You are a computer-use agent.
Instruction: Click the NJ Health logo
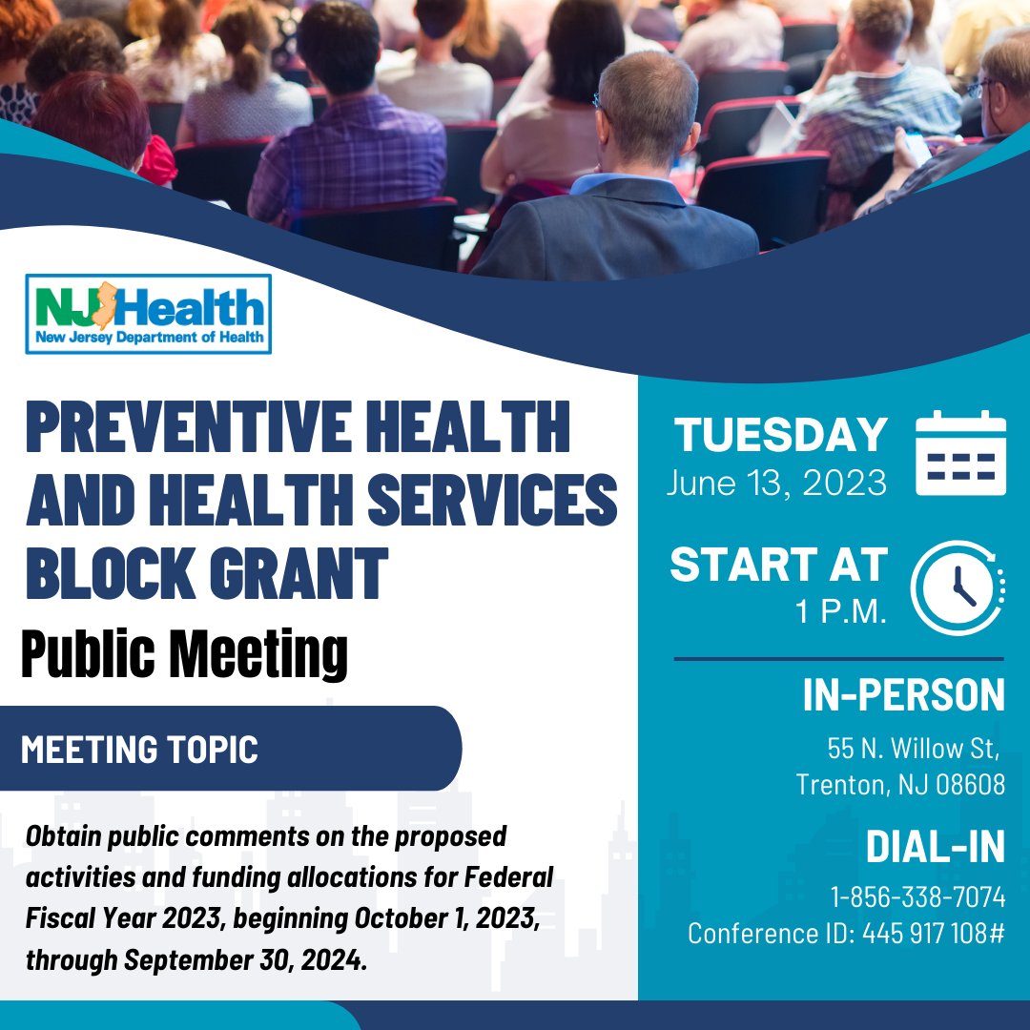click(x=149, y=314)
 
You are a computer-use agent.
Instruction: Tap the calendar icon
click(x=960, y=453)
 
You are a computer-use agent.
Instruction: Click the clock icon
click(x=958, y=587)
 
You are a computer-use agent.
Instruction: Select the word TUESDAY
click(x=781, y=435)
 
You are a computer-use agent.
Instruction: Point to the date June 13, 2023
click(x=776, y=484)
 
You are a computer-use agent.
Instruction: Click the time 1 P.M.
click(x=841, y=611)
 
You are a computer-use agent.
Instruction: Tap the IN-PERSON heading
click(x=904, y=695)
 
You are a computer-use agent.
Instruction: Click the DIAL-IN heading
click(x=936, y=846)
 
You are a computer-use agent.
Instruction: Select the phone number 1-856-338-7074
click(x=917, y=896)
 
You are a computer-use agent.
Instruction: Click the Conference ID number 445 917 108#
click(x=934, y=934)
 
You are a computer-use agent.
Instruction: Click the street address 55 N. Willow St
click(x=913, y=749)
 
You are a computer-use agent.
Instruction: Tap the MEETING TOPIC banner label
click(x=139, y=750)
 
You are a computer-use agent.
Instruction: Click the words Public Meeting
click(x=185, y=653)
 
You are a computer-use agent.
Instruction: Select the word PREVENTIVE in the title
click(x=189, y=426)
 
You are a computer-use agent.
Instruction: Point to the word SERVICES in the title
click(x=492, y=499)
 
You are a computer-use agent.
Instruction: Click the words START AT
click(x=779, y=565)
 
